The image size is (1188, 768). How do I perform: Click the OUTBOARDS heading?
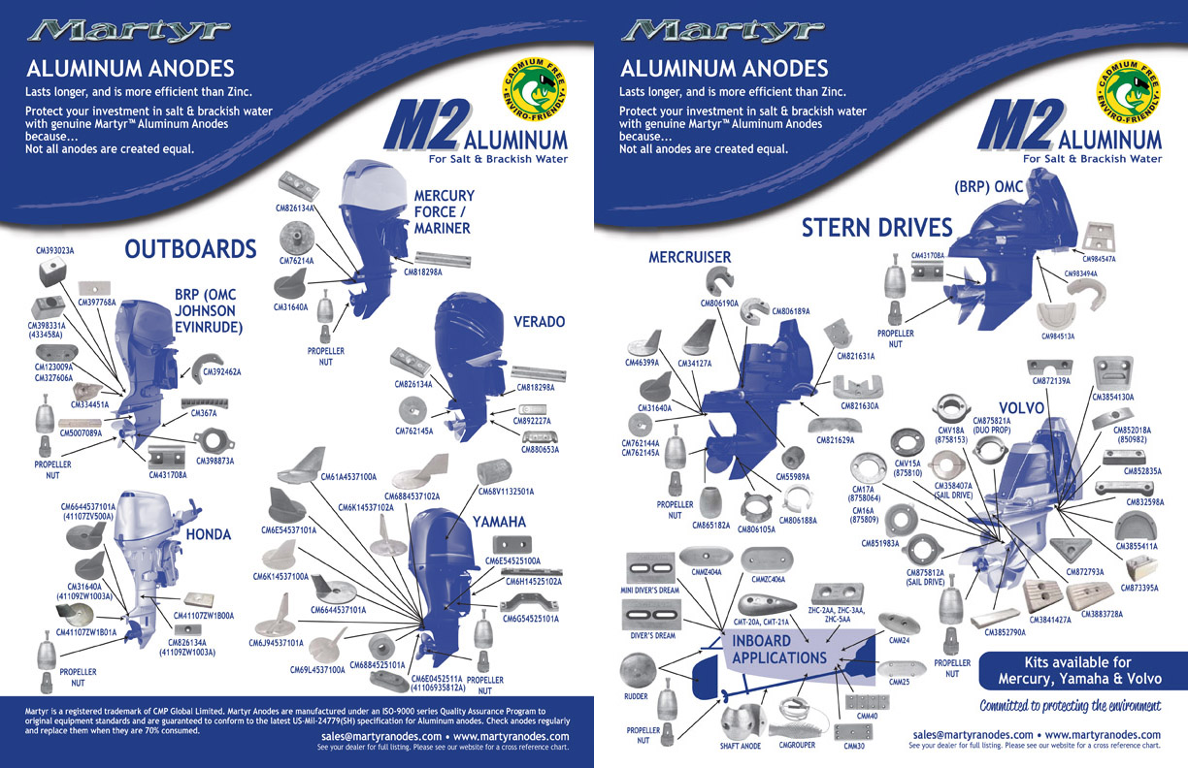190,249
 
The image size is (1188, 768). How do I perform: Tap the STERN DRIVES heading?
876,228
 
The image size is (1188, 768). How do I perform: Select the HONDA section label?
208,534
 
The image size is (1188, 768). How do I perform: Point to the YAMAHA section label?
499,522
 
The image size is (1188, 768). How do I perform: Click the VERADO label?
539,321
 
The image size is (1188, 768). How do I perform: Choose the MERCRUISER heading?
690,257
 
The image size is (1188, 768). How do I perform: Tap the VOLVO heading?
1021,408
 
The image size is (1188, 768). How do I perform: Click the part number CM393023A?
55,250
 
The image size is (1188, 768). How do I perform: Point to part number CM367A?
201,412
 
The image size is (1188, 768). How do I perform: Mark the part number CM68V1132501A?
506,492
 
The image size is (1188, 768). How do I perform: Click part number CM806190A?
720,304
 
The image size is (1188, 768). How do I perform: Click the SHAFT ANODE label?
741,747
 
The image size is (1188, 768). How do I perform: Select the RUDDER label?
636,696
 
